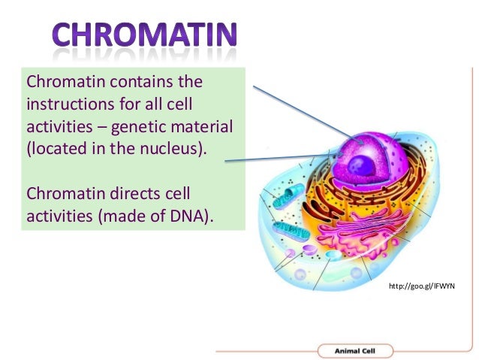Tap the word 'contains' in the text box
pyautogui.click(x=119, y=80)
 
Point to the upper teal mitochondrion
pyautogui.click(x=290, y=198)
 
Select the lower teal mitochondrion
pyautogui.click(x=290, y=231)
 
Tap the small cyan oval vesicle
pyautogui.click(x=332, y=256)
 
